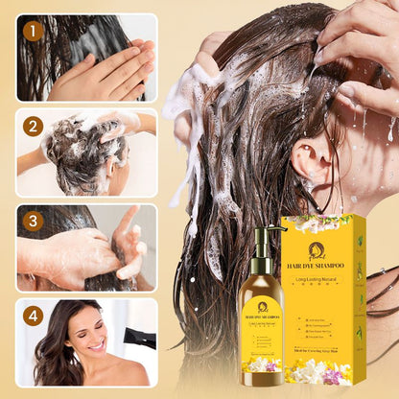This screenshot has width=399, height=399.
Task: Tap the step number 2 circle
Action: [x=33, y=126]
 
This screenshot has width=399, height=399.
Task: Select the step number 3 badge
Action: [x=33, y=220]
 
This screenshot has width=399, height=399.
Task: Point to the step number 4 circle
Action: [x=33, y=314]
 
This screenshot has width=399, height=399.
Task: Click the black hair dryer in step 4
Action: [x=141, y=338]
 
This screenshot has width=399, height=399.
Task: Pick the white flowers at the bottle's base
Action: [x=261, y=365]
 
